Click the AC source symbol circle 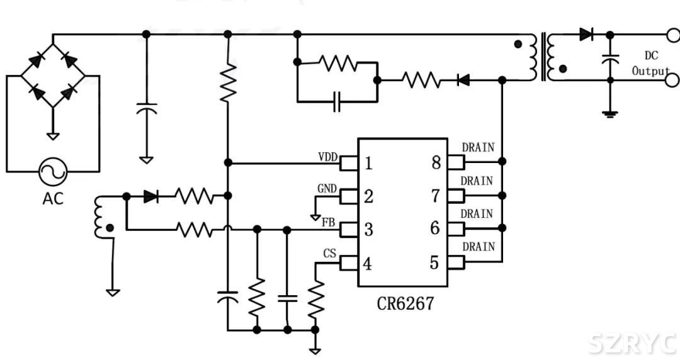(53, 171)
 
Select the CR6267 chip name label (405, 303)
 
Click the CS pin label (329, 254)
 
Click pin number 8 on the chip (436, 163)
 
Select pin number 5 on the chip (434, 262)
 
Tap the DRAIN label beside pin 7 (477, 181)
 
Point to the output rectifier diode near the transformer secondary (586, 35)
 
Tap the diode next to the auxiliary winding (150, 196)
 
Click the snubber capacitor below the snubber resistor (337, 101)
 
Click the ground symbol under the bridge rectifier (53, 135)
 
